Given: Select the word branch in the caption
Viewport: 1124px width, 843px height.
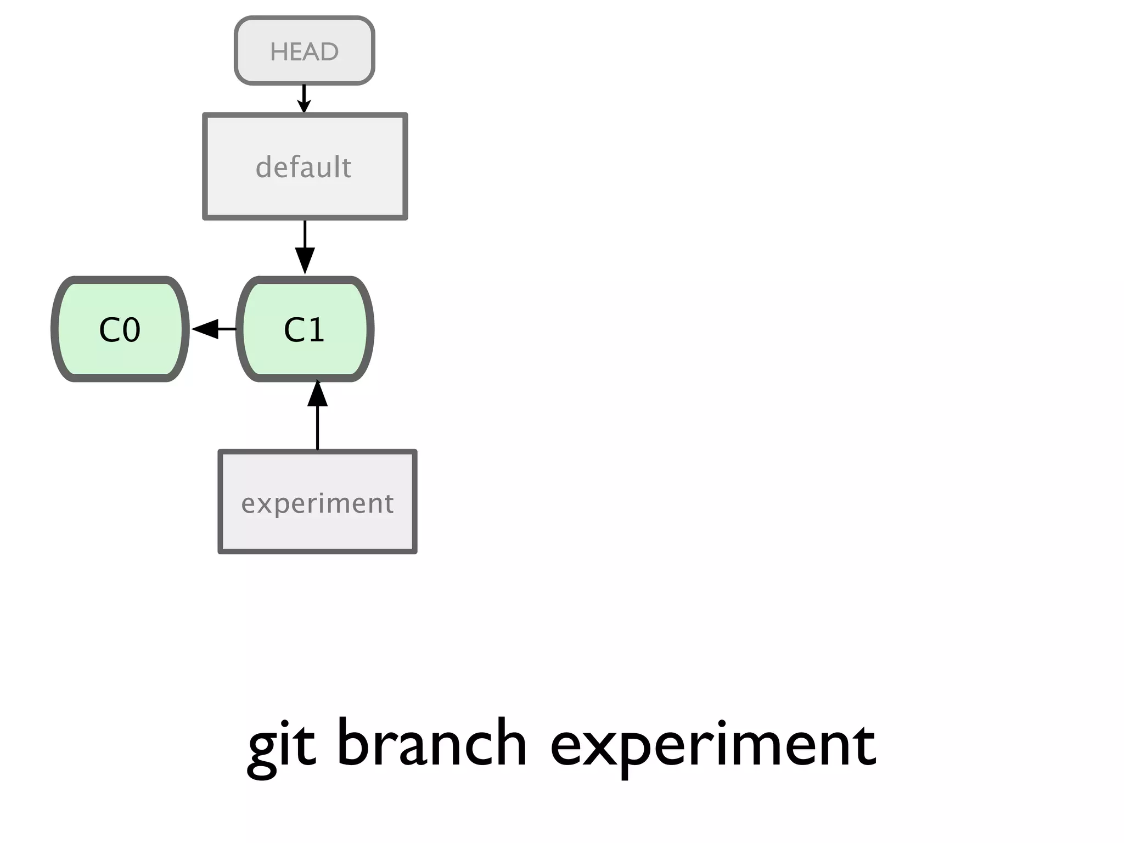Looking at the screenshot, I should (x=431, y=743).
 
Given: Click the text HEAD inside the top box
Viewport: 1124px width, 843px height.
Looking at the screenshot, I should (x=304, y=52).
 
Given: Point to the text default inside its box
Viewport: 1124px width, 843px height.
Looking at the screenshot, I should (x=304, y=167).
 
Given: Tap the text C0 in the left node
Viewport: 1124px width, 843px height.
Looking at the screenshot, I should (x=120, y=330).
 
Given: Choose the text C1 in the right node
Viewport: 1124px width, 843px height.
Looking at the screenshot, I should (x=304, y=330).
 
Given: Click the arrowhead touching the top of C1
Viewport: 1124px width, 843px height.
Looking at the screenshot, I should (x=305, y=261).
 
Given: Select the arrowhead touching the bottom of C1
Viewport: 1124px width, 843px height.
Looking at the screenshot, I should (x=317, y=394).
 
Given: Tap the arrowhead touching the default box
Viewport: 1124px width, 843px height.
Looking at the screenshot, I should (x=304, y=107).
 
